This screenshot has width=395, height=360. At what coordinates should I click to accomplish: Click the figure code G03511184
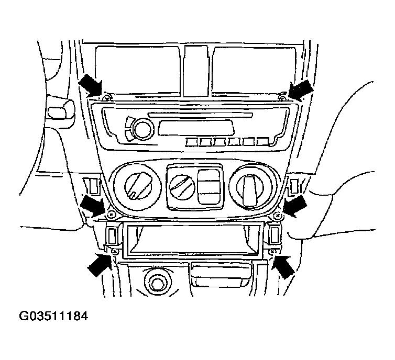pyautogui.click(x=53, y=317)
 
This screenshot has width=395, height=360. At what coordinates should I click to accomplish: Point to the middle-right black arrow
pyautogui.click(x=294, y=206)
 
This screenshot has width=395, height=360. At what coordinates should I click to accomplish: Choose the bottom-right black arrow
pyautogui.click(x=283, y=265)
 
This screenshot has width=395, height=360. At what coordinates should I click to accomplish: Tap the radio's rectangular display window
pyautogui.click(x=196, y=126)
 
